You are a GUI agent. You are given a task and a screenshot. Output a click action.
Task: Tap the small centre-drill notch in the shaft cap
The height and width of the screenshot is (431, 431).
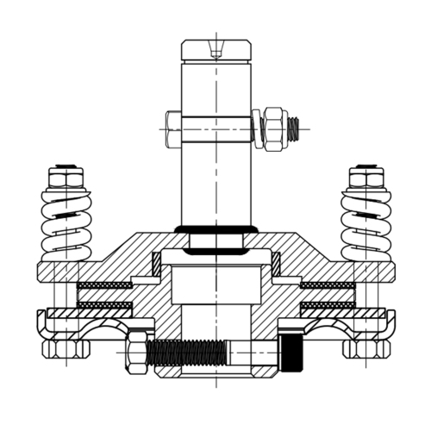tap(215, 53)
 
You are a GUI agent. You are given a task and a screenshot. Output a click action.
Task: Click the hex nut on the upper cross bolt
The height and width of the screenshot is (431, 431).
tap(275, 128)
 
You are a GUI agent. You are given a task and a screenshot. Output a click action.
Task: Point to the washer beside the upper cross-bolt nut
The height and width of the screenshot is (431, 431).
tap(258, 129)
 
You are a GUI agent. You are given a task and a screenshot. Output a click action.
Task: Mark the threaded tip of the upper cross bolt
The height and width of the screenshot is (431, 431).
tap(294, 129)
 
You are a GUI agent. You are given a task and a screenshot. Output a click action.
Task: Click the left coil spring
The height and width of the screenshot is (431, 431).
tap(66, 226)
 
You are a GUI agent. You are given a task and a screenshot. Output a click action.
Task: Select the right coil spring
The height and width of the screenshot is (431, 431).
tap(365, 226)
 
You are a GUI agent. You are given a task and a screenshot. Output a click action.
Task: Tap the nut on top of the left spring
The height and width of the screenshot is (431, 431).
tap(66, 179)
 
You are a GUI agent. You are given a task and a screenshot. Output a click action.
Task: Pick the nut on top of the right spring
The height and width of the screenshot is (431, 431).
tap(365, 179)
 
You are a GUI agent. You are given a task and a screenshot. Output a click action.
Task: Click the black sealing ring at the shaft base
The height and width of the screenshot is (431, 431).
tap(215, 229)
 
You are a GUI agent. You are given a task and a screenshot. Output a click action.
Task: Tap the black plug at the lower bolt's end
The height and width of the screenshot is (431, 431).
tap(294, 351)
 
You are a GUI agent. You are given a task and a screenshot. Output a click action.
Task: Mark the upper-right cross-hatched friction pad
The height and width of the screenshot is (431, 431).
tap(328, 285)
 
